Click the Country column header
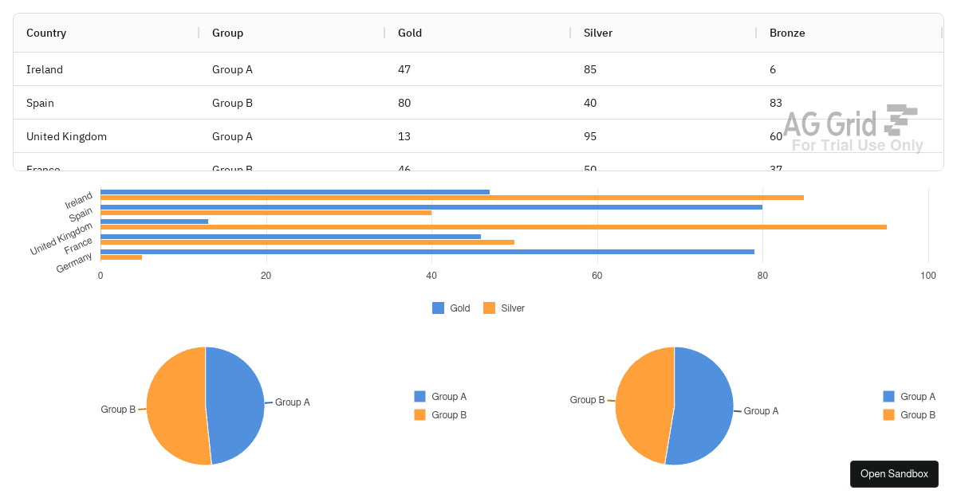46,33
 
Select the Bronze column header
787,33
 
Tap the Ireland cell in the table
45,69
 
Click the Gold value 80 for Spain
404,103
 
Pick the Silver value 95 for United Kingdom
590,136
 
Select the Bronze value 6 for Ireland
773,69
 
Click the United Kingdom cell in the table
66,136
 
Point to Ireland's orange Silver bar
451,198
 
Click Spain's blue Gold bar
431,207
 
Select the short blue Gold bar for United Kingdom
154,222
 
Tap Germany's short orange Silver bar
121,257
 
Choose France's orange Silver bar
307,242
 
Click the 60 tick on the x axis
597,276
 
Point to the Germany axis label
74,263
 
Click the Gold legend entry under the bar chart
451,308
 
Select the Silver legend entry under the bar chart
504,308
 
